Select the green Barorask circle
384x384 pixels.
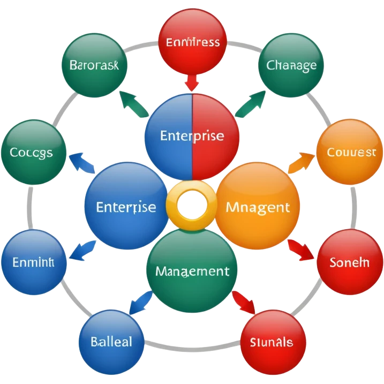point(94,65)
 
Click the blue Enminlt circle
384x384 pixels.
point(34,263)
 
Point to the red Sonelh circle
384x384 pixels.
point(349,262)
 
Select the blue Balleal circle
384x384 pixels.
point(111,341)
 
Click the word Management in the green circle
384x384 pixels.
point(192,271)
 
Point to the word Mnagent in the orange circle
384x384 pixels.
point(258,207)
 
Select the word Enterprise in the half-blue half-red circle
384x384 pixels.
point(192,135)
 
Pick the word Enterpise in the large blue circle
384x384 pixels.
point(126,207)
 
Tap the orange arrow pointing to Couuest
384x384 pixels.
point(302,161)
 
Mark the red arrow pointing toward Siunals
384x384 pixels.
point(246,303)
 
